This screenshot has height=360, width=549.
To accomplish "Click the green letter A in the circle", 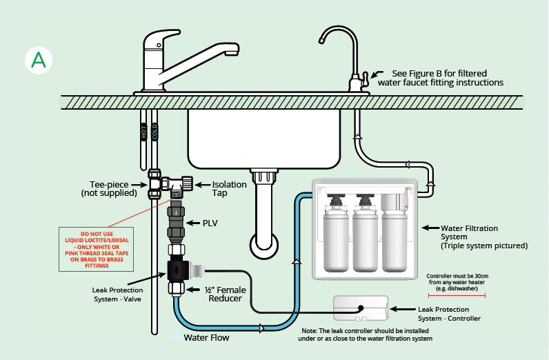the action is (x=39, y=60).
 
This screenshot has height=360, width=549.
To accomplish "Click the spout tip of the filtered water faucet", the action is (x=321, y=41).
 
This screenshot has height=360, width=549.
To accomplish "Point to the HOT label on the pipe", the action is (x=143, y=132).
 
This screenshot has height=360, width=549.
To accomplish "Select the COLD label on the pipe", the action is (x=154, y=132).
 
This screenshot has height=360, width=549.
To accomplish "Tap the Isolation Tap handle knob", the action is (x=188, y=183).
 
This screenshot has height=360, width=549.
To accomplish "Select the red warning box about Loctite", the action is (x=97, y=250).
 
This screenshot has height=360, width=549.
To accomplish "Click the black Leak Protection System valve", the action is (x=178, y=270).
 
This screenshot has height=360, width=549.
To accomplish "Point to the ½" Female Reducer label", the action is (x=225, y=294).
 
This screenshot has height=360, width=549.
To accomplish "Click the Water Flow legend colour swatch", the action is (x=176, y=335).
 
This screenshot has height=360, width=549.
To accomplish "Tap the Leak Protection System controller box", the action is (x=361, y=308).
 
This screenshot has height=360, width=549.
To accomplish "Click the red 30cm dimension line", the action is (x=457, y=296).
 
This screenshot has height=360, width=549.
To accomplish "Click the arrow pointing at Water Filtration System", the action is (x=430, y=228).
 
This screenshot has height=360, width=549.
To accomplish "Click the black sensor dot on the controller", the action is (x=361, y=308).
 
